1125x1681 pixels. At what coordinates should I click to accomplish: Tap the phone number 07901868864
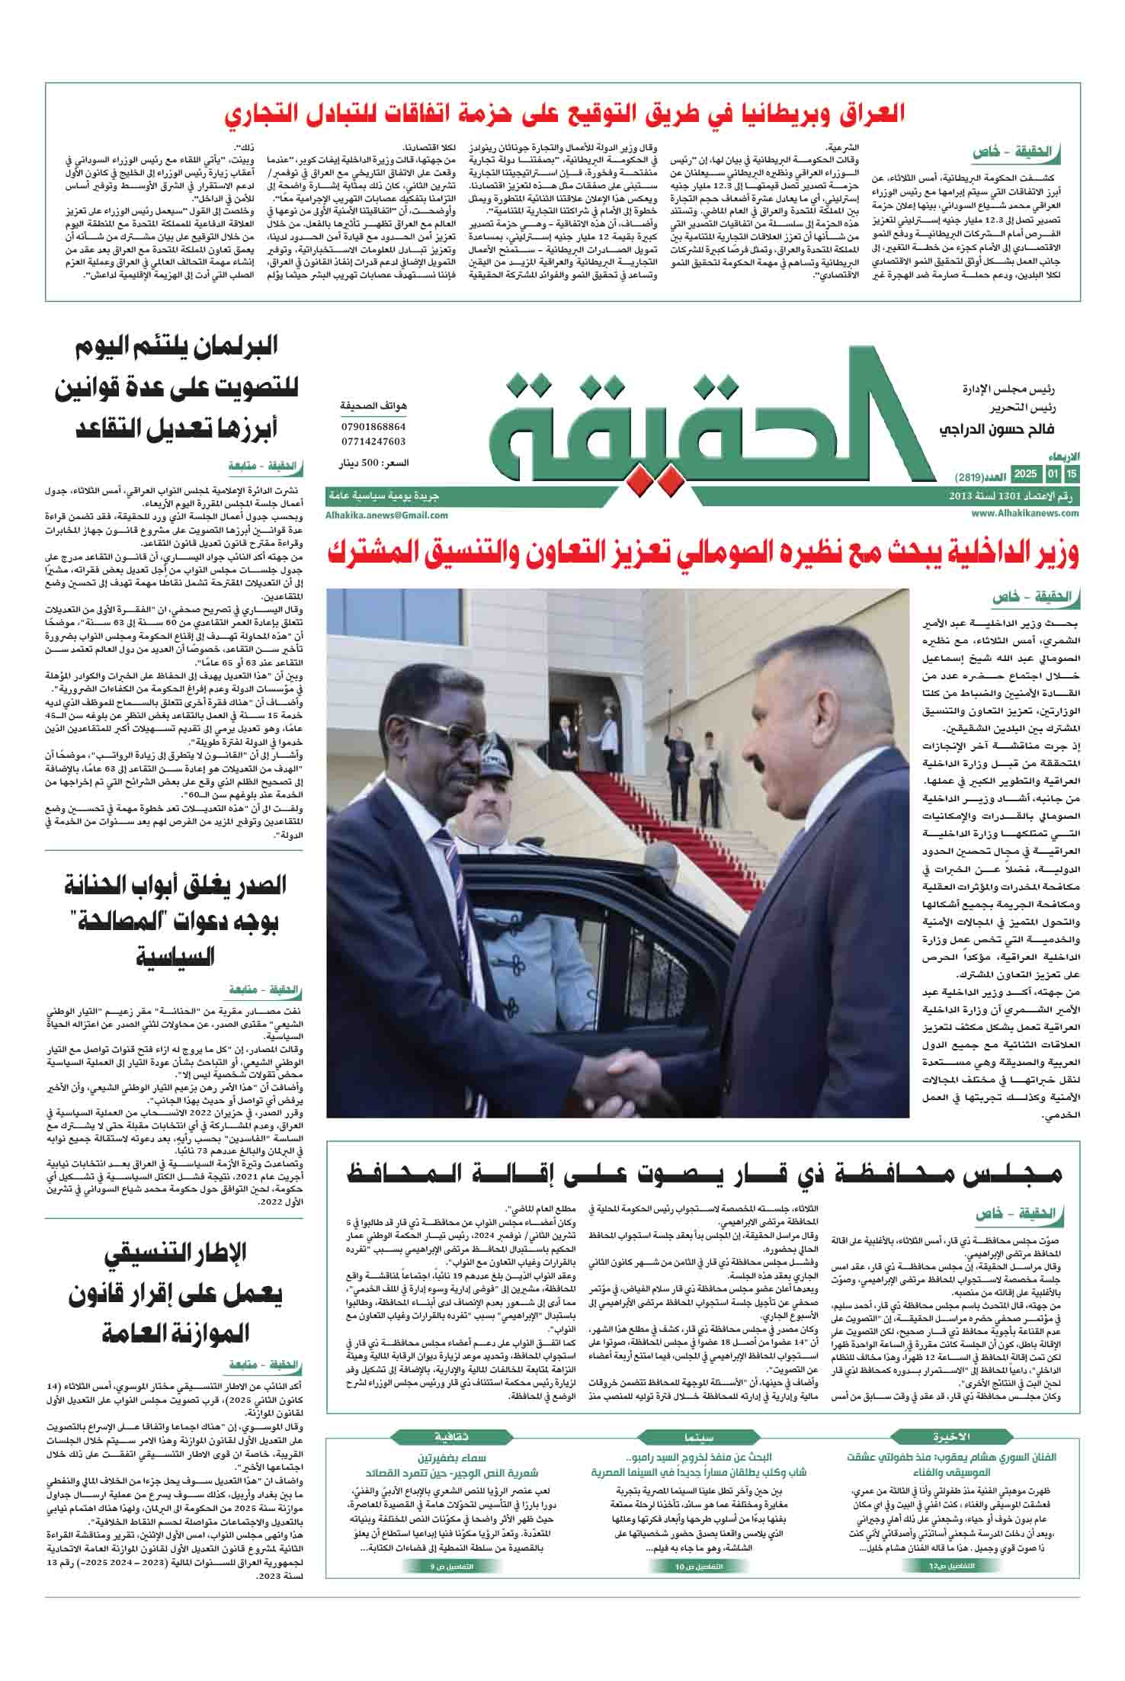tap(373, 427)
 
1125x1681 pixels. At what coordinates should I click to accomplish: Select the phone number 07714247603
tap(373, 441)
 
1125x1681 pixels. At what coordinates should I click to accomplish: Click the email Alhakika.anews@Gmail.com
tap(386, 515)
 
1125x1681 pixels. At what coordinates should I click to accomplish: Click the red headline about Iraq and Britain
tap(565, 114)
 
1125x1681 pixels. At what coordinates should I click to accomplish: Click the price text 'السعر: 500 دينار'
tap(373, 463)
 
